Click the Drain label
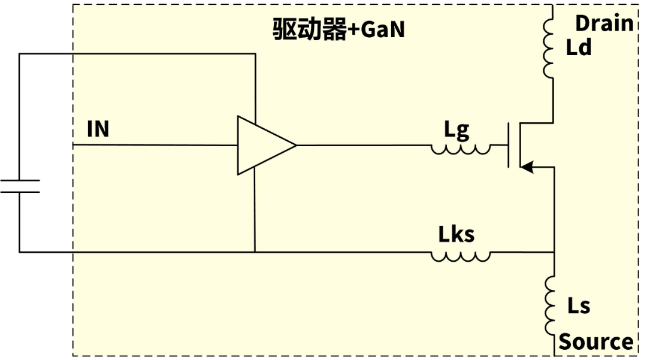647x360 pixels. pyautogui.click(x=604, y=23)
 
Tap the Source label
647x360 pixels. pyautogui.click(x=596, y=342)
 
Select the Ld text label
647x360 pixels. pyautogui.click(x=579, y=47)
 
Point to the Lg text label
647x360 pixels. pyautogui.click(x=456, y=131)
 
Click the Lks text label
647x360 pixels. pyautogui.click(x=456, y=234)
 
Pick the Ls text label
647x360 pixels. pyautogui.click(x=579, y=305)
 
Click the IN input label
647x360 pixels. pyautogui.click(x=98, y=129)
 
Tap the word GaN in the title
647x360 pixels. pyautogui.click(x=382, y=30)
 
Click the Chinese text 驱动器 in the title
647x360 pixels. pyautogui.click(x=310, y=29)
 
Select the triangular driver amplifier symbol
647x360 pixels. pyautogui.click(x=267, y=145)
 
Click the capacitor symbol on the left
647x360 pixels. pyautogui.click(x=20, y=186)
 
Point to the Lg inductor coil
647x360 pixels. pyautogui.click(x=461, y=149)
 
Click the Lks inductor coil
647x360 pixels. pyautogui.click(x=461, y=256)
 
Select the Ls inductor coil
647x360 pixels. pyautogui.click(x=550, y=305)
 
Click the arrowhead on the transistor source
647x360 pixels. pyautogui.click(x=527, y=168)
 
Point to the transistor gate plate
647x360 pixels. pyautogui.click(x=509, y=145)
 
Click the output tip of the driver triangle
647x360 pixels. pyautogui.click(x=297, y=145)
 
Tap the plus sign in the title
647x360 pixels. pyautogui.click(x=353, y=30)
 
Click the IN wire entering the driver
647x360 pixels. pyautogui.click(x=155, y=145)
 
